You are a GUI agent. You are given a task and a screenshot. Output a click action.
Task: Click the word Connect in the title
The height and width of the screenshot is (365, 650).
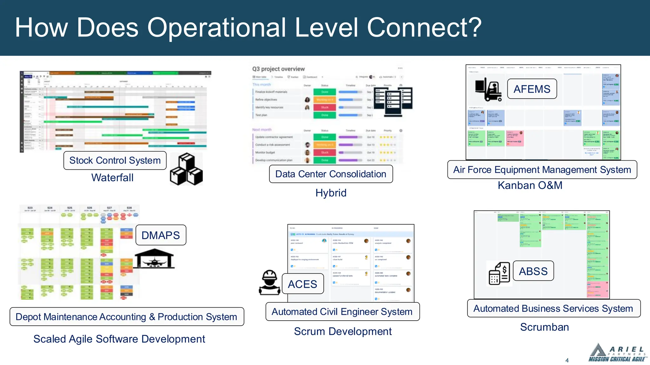pos(424,28)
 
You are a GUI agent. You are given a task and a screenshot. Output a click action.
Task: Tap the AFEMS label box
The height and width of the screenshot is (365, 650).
pos(532,89)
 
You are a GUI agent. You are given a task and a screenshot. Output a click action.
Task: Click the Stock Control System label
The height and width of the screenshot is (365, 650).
pos(115,160)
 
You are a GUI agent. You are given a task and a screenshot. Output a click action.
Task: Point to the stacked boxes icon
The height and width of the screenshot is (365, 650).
pos(186,169)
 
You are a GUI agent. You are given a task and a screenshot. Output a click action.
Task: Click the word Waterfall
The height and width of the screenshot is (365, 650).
pos(112,178)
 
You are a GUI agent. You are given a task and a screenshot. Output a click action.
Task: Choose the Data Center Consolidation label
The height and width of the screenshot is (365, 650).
pos(331,174)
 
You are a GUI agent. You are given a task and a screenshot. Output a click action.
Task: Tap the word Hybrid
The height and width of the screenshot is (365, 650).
pos(331,193)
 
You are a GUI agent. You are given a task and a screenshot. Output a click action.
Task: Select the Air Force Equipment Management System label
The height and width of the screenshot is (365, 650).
pos(542,170)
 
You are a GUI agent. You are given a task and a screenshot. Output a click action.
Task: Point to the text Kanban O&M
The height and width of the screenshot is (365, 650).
pos(530,185)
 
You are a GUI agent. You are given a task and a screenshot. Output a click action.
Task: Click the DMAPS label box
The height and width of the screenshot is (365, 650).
pos(161,235)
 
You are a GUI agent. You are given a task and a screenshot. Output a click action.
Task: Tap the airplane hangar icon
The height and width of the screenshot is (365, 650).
pos(155,259)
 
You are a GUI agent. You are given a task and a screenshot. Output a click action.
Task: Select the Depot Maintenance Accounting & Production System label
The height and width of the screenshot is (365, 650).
pos(127,317)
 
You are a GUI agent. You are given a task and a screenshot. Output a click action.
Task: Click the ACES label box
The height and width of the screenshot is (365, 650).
pos(302,284)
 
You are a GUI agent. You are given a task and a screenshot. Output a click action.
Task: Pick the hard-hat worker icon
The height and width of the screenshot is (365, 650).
pos(269,282)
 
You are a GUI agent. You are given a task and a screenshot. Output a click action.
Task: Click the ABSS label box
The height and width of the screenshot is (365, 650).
pos(533,271)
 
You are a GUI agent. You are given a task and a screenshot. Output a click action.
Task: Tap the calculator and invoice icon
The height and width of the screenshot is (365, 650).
pos(499,273)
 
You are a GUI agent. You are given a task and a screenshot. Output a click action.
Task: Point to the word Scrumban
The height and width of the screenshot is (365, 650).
pos(544,327)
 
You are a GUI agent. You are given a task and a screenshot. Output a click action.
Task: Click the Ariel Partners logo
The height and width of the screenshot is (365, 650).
pos(617,353)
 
